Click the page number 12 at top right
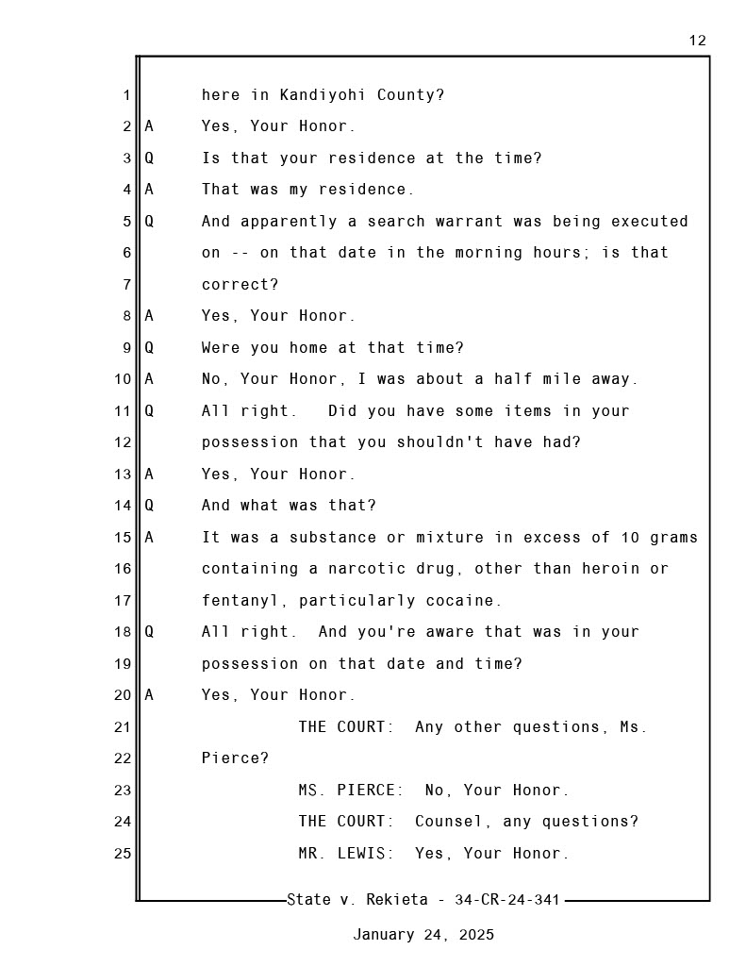coord(697,41)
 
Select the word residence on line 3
coord(372,158)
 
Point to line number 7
coord(127,285)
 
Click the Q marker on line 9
coord(149,347)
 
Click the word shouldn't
coord(439,442)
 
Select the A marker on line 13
coord(149,474)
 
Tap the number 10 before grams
coord(630,537)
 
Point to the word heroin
coord(610,569)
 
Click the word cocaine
coord(464,601)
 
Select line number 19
coord(123,664)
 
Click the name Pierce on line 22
coord(235,758)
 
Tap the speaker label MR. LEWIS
coord(346,853)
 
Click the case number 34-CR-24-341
coord(507,900)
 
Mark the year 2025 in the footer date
coord(476,935)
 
